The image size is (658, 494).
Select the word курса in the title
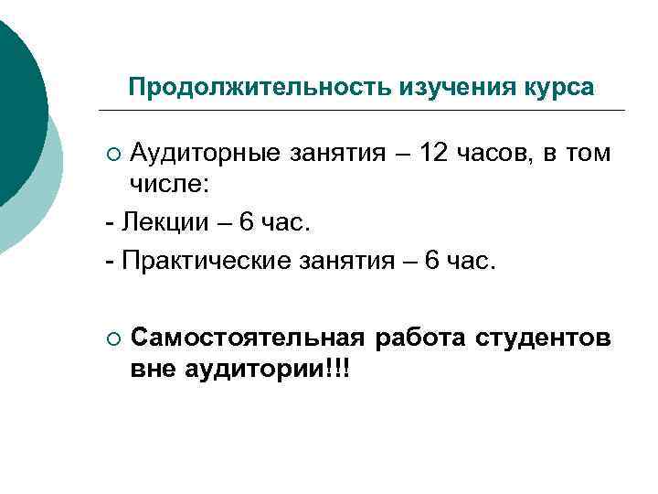(557, 88)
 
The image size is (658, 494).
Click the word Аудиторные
(207, 153)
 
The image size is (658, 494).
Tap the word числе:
(170, 186)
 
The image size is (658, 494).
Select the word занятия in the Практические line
(346, 263)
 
